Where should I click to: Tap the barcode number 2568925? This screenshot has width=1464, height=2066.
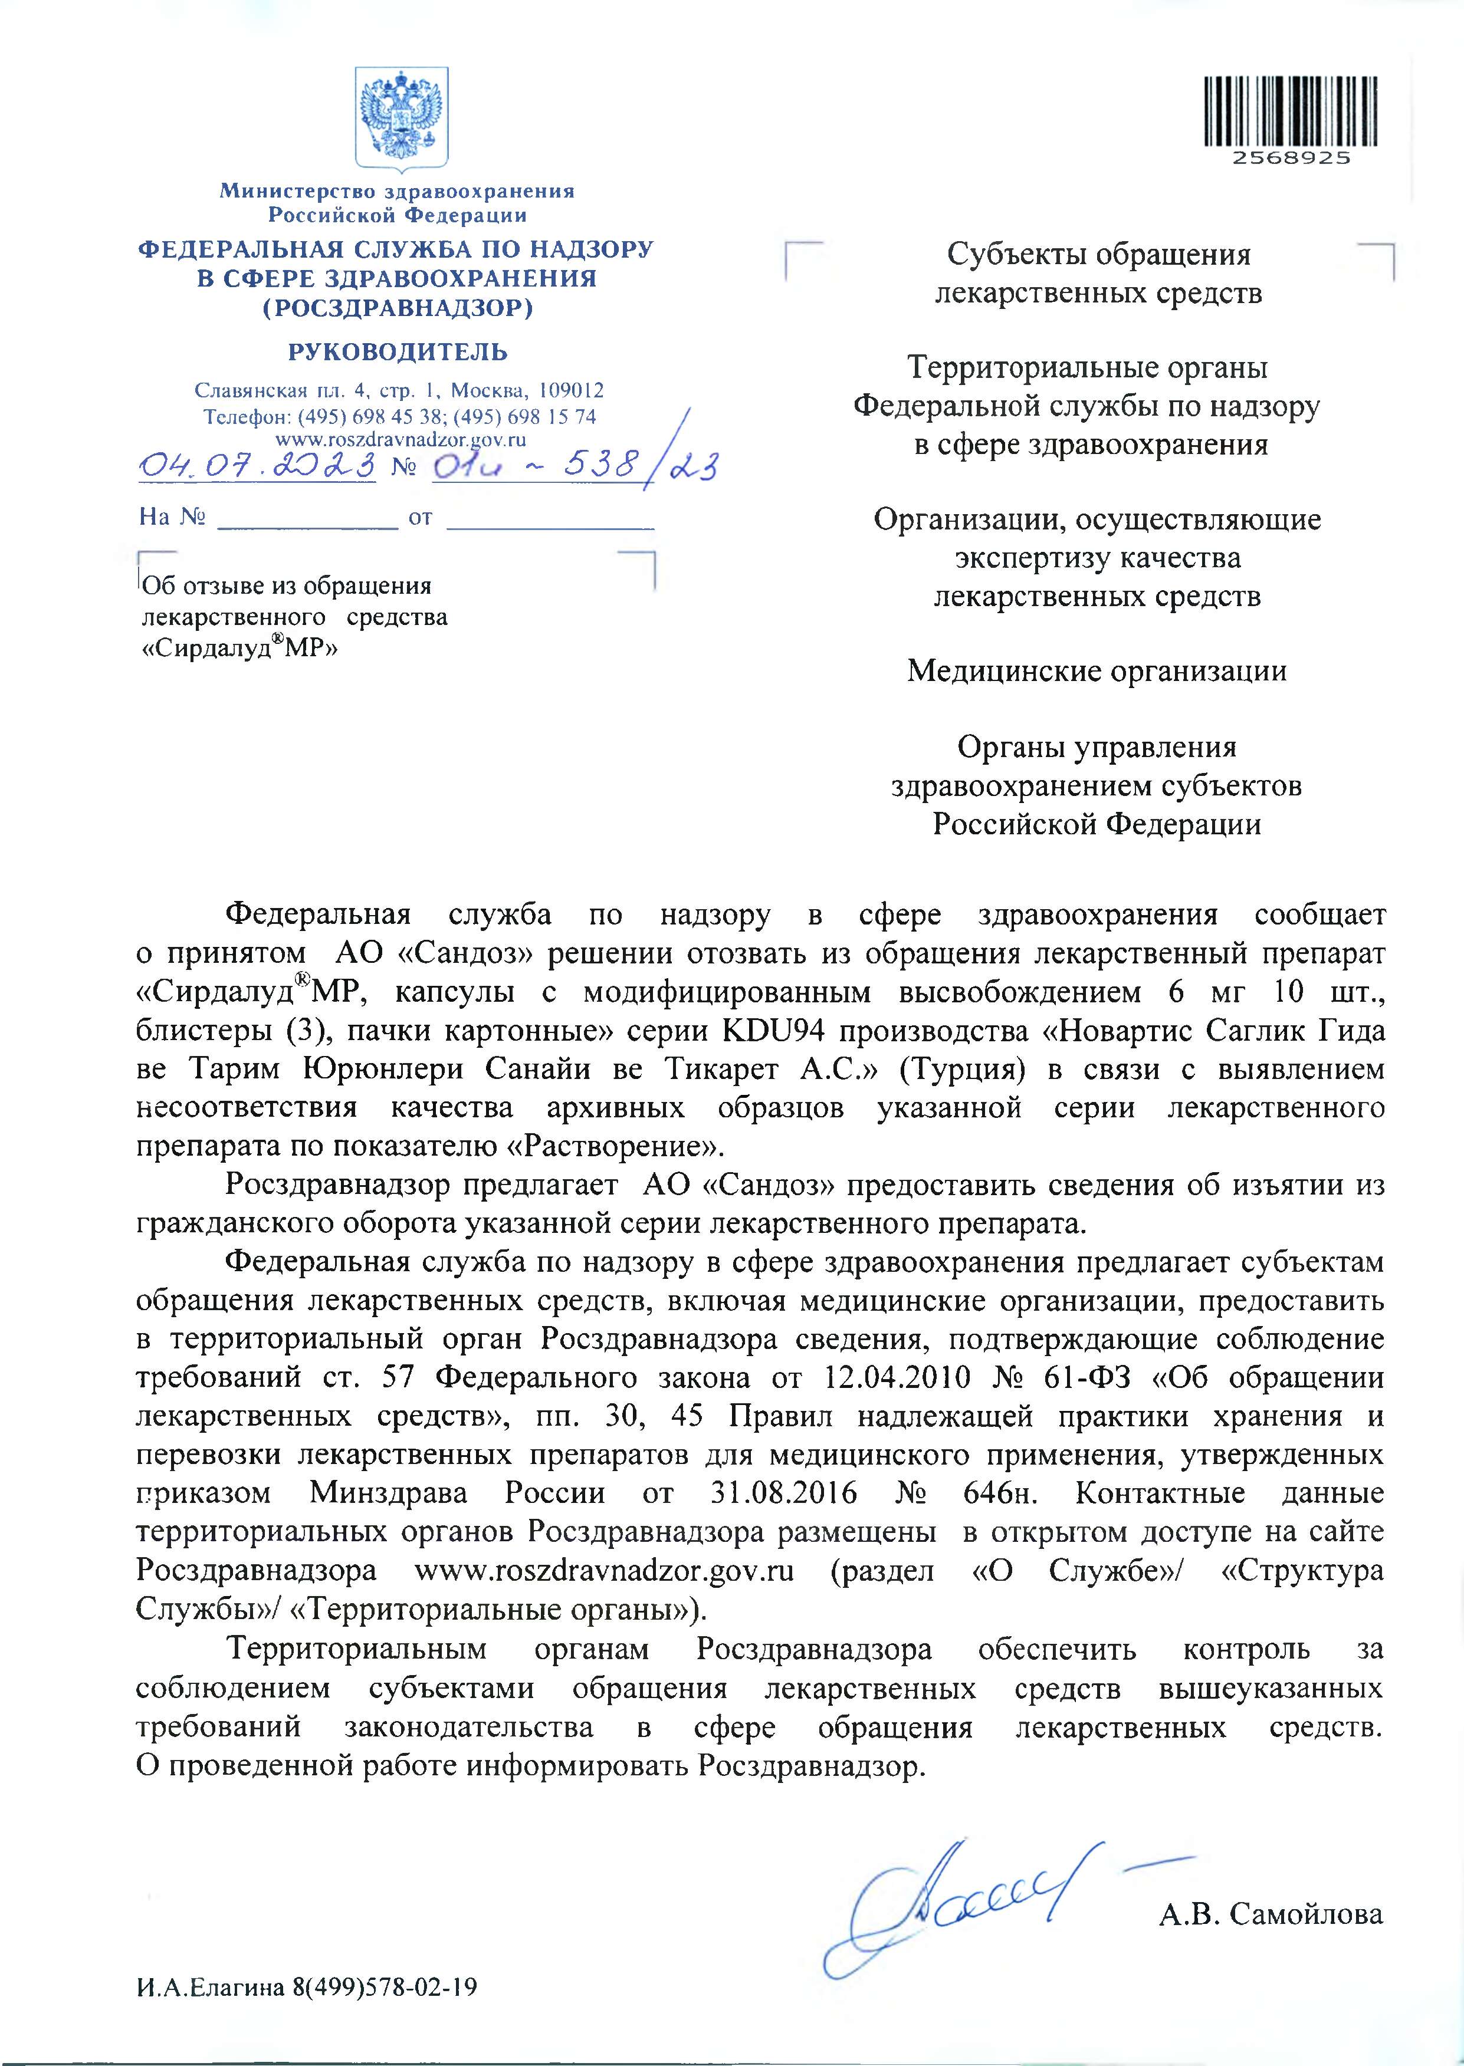(1291, 157)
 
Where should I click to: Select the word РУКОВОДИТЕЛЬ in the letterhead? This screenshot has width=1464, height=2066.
(398, 351)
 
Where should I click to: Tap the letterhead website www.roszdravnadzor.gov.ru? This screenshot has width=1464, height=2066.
(399, 440)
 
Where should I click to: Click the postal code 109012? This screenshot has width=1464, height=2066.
(570, 391)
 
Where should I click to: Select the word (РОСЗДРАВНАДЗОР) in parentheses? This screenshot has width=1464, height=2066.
(398, 308)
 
